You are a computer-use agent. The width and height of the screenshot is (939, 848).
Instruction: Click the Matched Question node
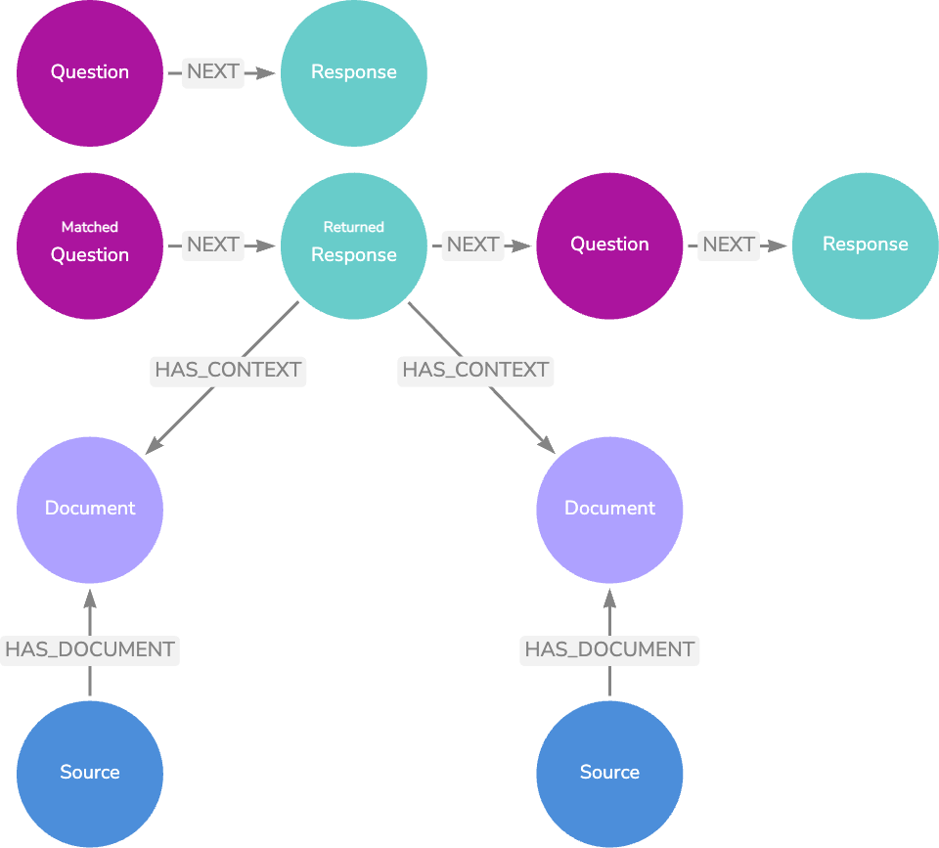click(x=90, y=245)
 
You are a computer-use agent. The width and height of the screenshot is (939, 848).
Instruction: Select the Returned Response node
click(x=353, y=245)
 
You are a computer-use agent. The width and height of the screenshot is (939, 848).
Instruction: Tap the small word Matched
click(x=90, y=227)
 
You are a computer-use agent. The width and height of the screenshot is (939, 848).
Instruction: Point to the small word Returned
click(x=353, y=227)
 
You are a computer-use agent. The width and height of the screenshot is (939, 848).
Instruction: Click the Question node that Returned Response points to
click(x=609, y=245)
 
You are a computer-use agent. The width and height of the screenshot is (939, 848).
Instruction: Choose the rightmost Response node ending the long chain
click(x=865, y=245)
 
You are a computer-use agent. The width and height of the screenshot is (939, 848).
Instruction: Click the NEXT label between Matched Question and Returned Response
click(x=213, y=245)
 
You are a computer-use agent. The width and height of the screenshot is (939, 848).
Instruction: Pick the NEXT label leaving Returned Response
click(x=473, y=245)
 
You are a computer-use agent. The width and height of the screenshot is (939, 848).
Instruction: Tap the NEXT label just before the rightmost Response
click(x=729, y=245)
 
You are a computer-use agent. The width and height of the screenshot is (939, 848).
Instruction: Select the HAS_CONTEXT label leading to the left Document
click(x=228, y=371)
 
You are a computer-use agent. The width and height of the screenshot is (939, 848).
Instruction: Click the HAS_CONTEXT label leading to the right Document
click(x=475, y=371)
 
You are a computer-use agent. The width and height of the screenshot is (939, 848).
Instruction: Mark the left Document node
click(x=90, y=509)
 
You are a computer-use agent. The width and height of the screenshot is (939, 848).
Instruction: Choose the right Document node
click(x=609, y=509)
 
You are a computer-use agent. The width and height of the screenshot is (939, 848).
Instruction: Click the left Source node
click(x=90, y=773)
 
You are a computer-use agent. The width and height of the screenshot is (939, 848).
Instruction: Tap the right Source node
click(x=609, y=773)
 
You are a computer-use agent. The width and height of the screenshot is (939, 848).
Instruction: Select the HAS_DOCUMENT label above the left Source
click(x=90, y=649)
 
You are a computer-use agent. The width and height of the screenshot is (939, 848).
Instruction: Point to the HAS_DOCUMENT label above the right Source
click(x=609, y=649)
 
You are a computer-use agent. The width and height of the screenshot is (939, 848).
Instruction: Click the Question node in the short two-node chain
click(x=90, y=72)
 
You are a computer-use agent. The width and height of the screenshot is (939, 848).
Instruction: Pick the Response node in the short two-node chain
click(x=353, y=72)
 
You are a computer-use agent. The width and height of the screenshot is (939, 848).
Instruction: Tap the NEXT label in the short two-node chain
click(x=213, y=72)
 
